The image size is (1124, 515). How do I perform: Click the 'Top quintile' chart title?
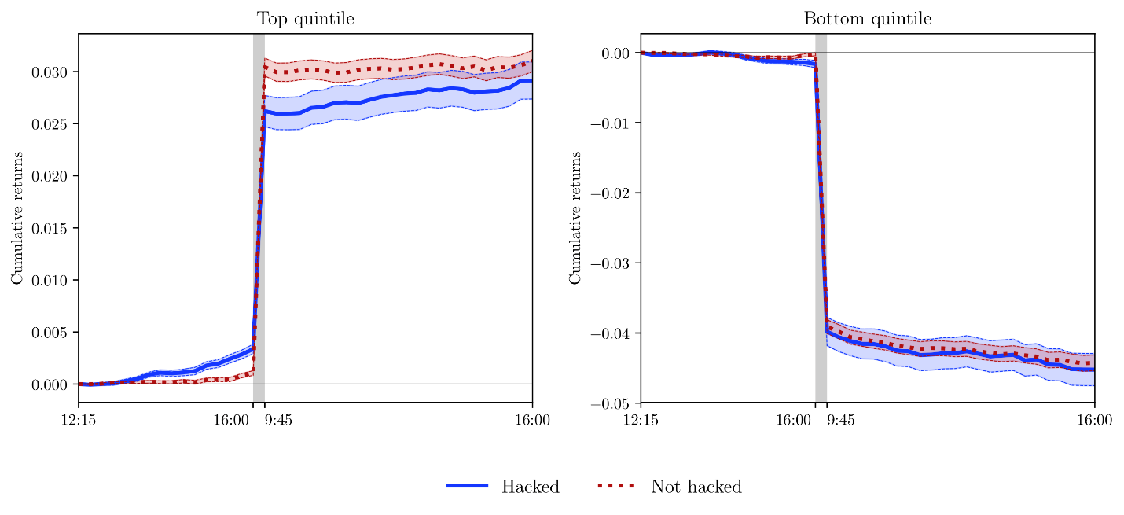point(305,18)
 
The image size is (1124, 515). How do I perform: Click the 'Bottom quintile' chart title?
point(867,18)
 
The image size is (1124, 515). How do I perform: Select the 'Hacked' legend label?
point(530,487)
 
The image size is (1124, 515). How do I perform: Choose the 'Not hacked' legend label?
point(696,487)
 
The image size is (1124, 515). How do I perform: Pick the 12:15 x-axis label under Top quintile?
point(79,421)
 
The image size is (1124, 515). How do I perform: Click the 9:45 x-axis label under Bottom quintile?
point(841,421)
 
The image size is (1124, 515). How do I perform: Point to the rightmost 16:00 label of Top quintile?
point(532,421)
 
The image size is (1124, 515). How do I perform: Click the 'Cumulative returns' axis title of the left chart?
point(17,218)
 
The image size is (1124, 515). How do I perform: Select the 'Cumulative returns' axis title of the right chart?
point(575,218)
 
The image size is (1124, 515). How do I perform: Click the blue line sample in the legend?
point(467,486)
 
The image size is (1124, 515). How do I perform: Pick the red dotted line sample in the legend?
point(615,486)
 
